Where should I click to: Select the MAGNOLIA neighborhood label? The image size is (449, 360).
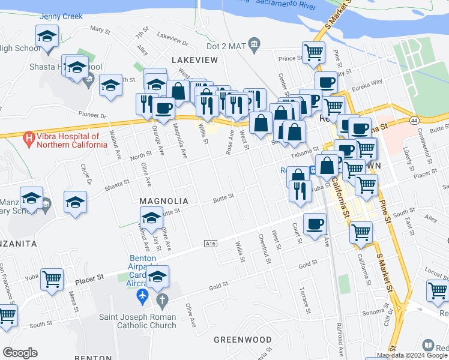(164, 201)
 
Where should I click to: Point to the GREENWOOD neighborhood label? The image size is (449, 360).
(243, 340)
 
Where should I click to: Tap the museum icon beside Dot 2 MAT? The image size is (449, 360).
(255, 44)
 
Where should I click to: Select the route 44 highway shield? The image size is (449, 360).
(415, 121)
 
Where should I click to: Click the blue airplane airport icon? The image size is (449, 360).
(142, 296)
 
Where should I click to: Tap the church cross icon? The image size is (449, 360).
(160, 299)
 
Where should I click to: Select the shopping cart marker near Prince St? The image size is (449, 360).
(313, 52)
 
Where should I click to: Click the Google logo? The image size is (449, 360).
(20, 353)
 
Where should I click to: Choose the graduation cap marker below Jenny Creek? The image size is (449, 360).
(47, 37)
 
